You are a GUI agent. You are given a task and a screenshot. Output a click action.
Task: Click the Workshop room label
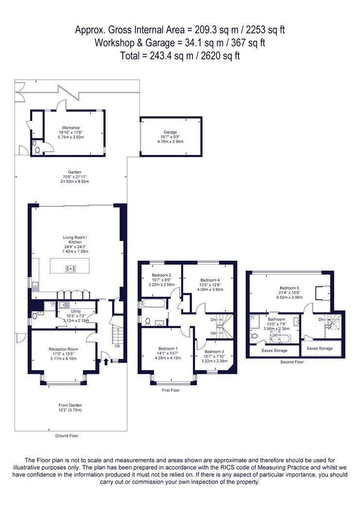click(x=71, y=128)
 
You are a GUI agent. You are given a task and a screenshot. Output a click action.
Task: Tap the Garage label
click(x=170, y=132)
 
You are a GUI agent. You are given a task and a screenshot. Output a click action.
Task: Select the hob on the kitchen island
click(x=71, y=269)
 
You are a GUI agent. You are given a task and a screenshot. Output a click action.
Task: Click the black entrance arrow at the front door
click(x=106, y=361)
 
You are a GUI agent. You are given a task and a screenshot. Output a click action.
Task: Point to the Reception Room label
click(x=64, y=349)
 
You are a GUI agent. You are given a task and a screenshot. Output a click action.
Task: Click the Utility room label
click(x=76, y=311)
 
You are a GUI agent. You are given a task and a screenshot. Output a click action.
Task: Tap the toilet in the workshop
click(x=37, y=151)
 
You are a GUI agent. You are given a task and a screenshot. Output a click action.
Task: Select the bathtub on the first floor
click(x=154, y=304)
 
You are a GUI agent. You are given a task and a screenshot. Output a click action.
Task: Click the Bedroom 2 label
click(x=162, y=275)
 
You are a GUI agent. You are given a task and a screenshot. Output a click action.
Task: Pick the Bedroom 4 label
click(x=210, y=280)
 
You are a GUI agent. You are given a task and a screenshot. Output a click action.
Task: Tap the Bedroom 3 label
click(x=214, y=352)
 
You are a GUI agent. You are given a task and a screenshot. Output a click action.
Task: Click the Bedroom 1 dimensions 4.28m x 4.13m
click(x=168, y=358)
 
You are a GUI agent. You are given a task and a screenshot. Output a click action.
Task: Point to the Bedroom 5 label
click(x=290, y=288)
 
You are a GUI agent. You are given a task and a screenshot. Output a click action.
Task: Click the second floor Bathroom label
click(x=276, y=319)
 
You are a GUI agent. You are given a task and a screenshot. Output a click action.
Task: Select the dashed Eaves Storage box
click(x=321, y=348)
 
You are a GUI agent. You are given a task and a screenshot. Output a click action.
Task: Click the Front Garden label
click(x=70, y=405)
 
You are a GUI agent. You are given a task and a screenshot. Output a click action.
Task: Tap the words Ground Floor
click(x=67, y=436)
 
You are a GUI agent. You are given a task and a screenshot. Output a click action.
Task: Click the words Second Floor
click(x=292, y=362)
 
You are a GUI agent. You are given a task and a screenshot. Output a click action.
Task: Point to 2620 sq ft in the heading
click(x=221, y=56)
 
